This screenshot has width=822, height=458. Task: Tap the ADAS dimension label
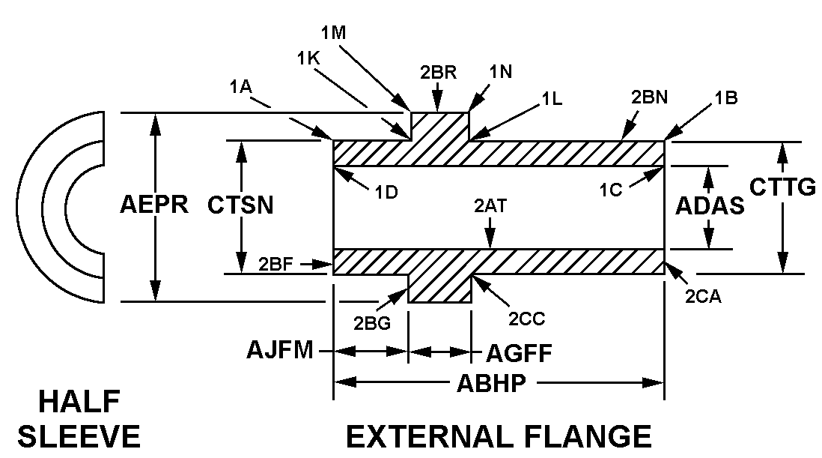710,206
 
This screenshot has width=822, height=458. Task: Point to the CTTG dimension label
783,187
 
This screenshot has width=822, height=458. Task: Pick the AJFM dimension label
281,350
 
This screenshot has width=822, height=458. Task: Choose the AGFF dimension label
519,353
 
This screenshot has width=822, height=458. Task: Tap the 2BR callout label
439,73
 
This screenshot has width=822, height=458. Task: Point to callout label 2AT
490,205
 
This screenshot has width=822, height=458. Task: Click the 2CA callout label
703,297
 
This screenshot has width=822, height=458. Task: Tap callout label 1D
386,191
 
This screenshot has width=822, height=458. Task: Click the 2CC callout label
527,319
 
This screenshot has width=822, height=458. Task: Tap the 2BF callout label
277,263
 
